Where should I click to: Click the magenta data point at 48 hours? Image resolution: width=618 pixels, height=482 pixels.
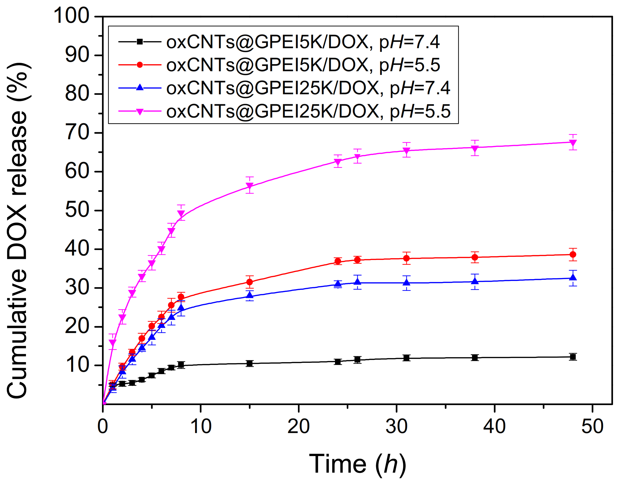573,143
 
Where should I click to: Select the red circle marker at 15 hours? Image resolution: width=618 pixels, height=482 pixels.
250,282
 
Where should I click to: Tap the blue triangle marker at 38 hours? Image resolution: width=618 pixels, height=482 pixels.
475,281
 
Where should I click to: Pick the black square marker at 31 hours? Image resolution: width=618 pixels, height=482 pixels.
406,358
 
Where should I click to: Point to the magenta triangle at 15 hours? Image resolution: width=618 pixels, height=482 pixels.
250,186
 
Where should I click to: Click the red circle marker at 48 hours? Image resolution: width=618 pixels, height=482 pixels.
573,254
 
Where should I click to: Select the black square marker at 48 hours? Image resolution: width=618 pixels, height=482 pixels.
573,357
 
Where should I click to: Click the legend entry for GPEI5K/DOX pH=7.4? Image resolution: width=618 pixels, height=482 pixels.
303,42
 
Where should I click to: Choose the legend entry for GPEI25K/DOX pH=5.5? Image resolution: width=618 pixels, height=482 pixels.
308,111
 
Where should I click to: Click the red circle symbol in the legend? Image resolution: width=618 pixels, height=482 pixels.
139,65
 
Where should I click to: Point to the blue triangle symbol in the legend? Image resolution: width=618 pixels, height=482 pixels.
139,88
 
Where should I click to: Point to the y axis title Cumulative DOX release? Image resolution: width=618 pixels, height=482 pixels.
18,230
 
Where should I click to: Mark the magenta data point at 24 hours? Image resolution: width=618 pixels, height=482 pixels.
338,162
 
